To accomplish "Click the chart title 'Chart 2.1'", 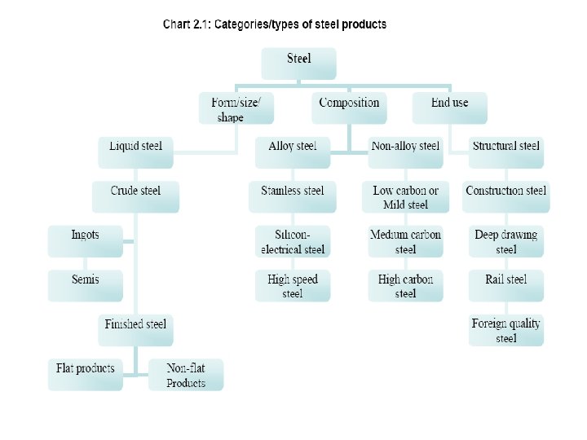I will coord(275,24).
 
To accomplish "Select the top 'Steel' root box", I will coord(298,64).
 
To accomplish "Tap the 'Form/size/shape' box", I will coord(236,108).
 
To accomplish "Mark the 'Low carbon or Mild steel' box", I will coord(405,196).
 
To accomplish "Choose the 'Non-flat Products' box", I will coord(186,375).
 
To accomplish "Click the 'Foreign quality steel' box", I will coord(505,330).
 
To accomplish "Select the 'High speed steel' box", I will coord(293,285).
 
